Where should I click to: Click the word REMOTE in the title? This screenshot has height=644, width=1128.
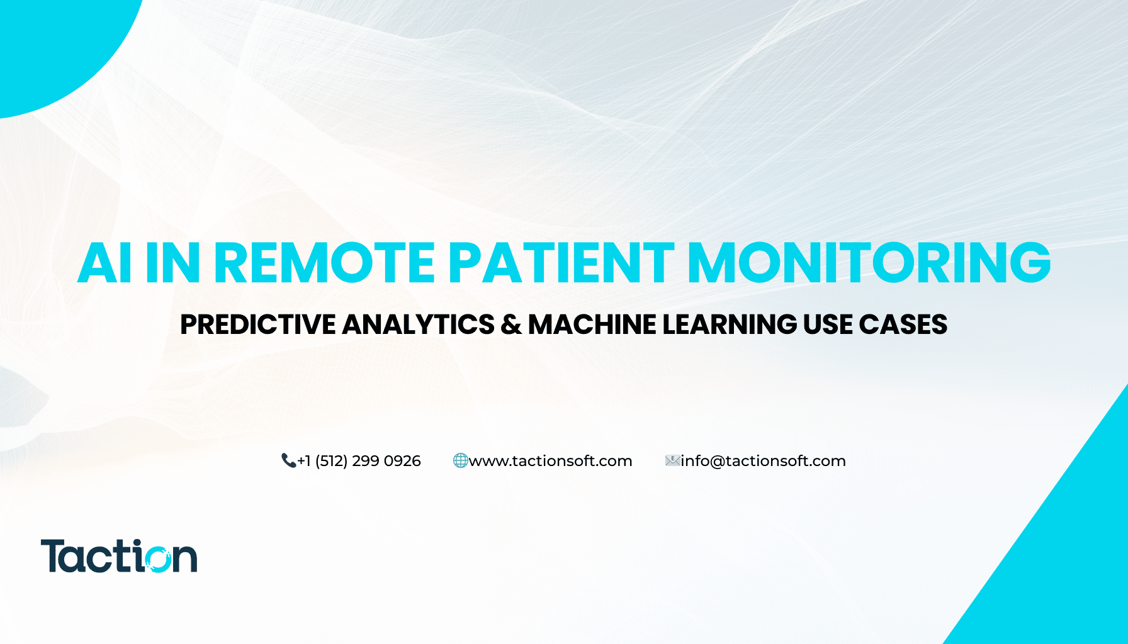325,262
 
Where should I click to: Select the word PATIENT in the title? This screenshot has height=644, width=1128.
561,262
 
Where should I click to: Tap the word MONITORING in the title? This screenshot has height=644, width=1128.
869,262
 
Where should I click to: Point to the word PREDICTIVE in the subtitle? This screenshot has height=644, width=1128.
258,325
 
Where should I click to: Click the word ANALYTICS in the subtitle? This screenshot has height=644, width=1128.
419,325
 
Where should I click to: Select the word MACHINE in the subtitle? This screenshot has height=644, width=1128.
592,325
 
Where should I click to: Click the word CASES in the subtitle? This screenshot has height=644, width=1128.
903,325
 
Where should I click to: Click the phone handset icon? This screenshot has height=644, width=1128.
288,461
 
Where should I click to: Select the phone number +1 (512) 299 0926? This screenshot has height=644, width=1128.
359,461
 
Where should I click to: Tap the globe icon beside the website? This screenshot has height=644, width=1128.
460,461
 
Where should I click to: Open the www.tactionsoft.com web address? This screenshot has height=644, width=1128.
550,461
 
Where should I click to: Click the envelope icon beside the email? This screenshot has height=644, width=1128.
672,461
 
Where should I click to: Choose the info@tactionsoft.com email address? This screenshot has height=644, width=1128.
763,461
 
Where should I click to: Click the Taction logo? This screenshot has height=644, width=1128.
119,556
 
